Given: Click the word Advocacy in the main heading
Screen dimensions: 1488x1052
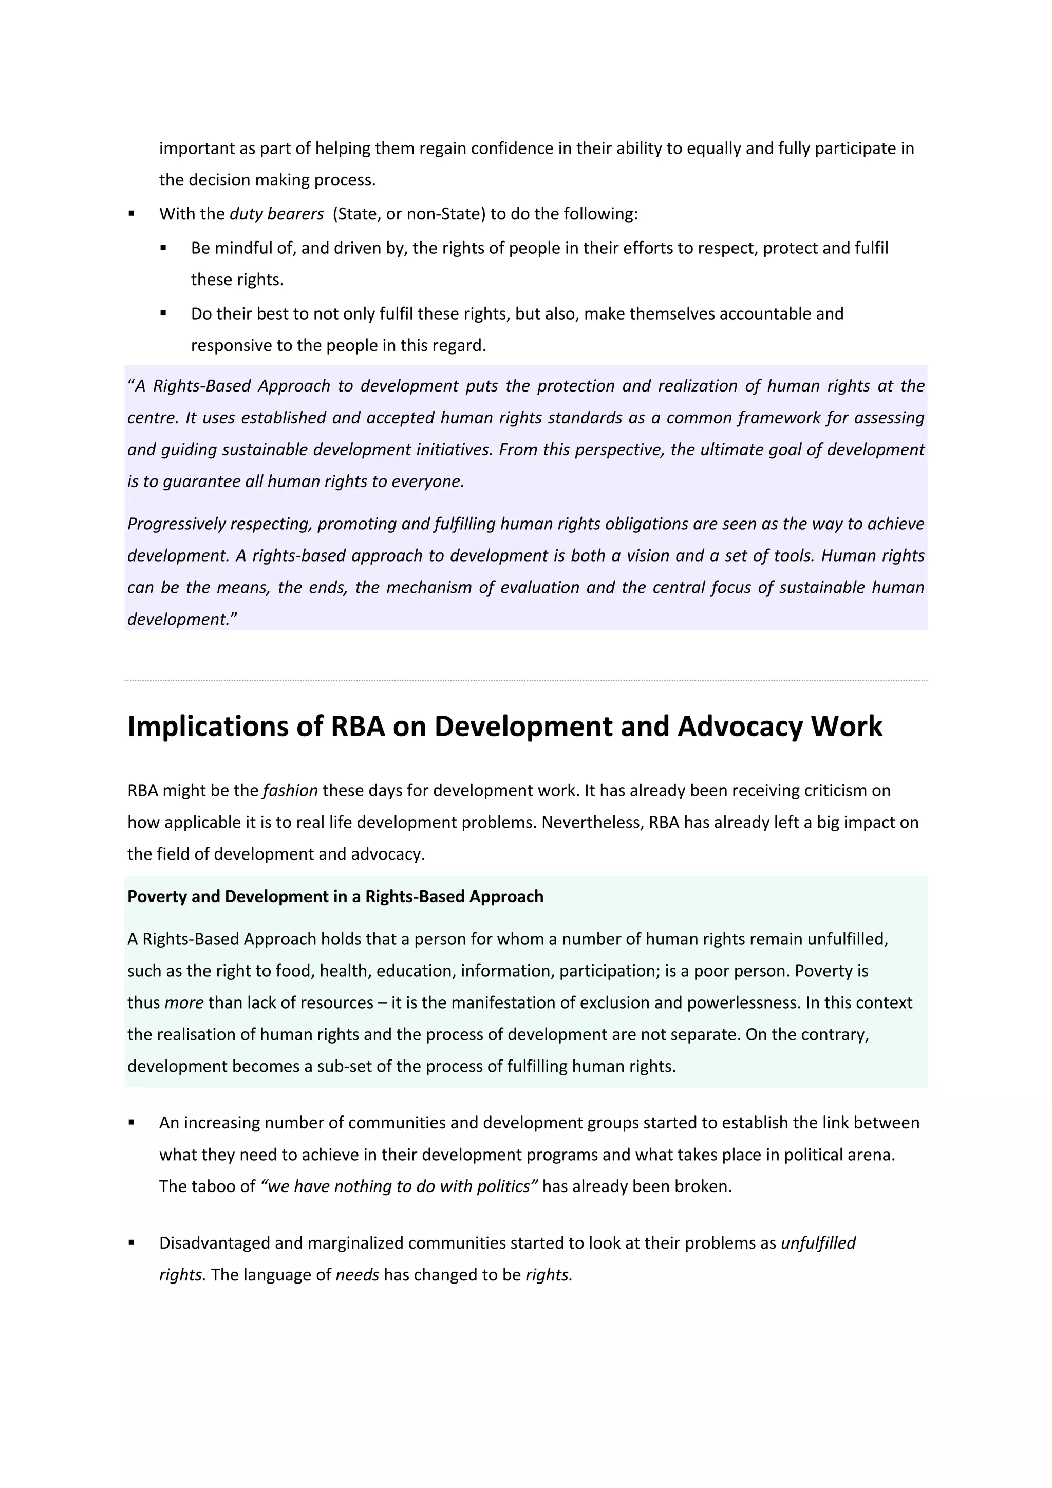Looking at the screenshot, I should tap(739, 727).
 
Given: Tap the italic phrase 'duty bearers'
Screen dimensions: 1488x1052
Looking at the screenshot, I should tap(276, 214).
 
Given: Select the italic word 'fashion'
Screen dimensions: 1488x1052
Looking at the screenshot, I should tap(290, 791).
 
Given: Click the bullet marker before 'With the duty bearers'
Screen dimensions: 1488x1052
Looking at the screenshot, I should tap(131, 213).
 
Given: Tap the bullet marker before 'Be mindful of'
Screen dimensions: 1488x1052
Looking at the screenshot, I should tap(163, 248).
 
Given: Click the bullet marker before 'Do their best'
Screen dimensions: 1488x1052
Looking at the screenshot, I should tap(163, 313).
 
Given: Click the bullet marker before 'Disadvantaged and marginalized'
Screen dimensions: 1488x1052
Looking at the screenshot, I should tap(131, 1242).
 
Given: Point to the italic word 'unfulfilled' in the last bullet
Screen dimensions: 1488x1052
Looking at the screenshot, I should tap(818, 1243).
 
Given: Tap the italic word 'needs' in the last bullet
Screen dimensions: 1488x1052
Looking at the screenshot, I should tap(357, 1275).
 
